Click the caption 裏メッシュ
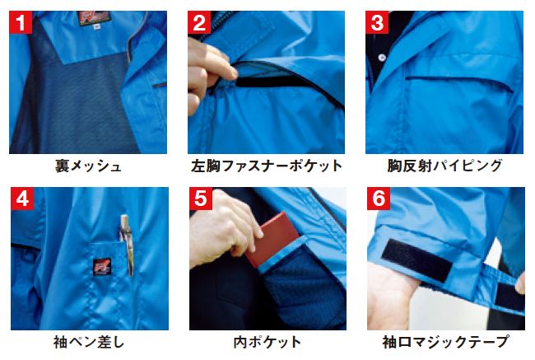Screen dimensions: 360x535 (88, 166)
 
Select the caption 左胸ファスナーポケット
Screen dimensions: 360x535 (267, 166)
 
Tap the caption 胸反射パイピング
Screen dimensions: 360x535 (444, 166)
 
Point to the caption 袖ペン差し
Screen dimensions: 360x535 (88, 342)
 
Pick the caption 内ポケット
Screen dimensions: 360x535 (267, 342)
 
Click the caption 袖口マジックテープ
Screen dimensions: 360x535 (444, 342)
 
